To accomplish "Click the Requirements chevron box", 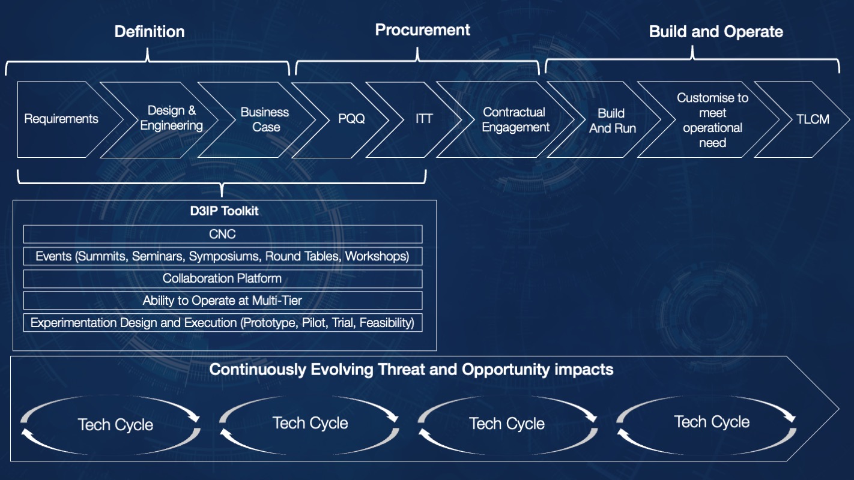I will (61, 119).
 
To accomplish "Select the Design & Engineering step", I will (172, 118).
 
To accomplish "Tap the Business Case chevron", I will (265, 119).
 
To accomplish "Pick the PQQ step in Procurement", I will (351, 119).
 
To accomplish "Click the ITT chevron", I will (424, 119).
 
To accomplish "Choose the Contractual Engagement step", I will (515, 119).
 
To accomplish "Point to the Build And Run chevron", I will (612, 120).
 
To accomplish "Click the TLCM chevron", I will (813, 119).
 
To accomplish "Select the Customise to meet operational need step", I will (713, 120).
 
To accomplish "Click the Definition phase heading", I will (150, 32).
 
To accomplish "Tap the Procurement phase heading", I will (423, 30).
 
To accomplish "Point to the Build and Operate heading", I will (716, 32).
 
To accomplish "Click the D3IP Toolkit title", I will (222, 211).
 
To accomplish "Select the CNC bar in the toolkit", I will (222, 234).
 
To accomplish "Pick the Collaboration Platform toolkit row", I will (222, 278).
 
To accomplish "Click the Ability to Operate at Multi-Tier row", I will (222, 301).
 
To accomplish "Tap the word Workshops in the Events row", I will (377, 256).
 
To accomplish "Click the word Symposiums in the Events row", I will (224, 256).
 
